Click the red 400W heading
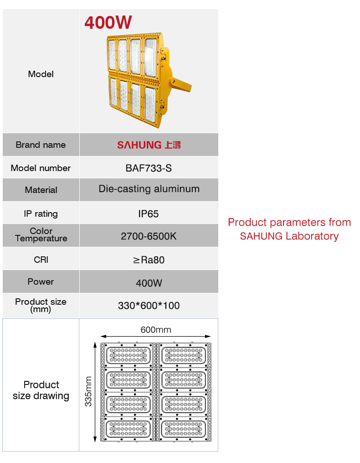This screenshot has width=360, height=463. coord(108,22)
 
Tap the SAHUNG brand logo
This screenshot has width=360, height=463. coord(149,145)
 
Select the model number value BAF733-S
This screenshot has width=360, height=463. coord(149,168)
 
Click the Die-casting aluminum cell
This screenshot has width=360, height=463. coord(149,189)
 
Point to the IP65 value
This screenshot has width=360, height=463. coord(149,213)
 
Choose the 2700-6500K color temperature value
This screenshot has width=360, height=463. coord(149,236)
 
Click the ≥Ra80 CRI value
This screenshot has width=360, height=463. coord(149,260)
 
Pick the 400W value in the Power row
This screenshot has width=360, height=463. coord(149,283)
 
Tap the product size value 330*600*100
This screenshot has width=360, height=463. coord(149,305)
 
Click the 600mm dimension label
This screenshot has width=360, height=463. coord(156,329)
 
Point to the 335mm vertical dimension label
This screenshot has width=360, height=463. coord(88,391)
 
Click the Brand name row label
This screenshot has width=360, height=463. coord(41,145)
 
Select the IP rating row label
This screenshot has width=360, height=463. coord(41,213)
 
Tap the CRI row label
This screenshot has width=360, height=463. coord(41,260)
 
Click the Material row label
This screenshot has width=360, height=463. coord(41,190)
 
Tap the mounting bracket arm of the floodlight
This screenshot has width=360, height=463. coord(181,85)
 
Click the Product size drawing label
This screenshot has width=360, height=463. coord(41,390)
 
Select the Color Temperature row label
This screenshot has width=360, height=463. coord(41,235)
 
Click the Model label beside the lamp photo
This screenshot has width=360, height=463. coord(41,74)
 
